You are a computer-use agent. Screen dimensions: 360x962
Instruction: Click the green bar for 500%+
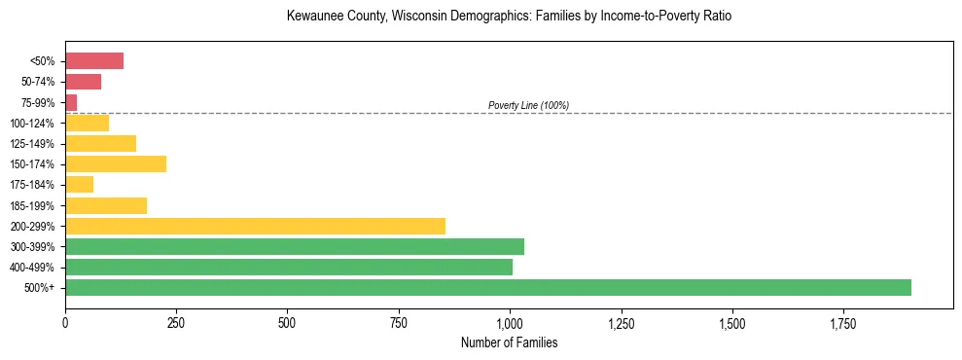pyautogui.click(x=487, y=287)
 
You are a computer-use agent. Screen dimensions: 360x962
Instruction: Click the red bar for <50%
pyautogui.click(x=94, y=61)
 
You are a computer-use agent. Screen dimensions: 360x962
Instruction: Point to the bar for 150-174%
pyautogui.click(x=116, y=163)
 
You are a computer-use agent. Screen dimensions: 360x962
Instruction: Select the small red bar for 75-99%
pyautogui.click(x=71, y=102)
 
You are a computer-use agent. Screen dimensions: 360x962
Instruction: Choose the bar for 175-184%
pyautogui.click(x=79, y=184)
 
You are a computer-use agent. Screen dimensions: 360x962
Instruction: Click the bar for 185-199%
pyautogui.click(x=106, y=205)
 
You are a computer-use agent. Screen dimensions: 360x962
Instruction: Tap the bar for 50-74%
pyautogui.click(x=83, y=82)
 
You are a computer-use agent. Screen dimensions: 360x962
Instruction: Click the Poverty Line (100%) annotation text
pyautogui.click(x=528, y=105)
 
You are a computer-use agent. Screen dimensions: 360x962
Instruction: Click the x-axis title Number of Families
pyautogui.click(x=509, y=342)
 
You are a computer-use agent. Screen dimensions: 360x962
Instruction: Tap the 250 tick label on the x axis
pyautogui.click(x=176, y=323)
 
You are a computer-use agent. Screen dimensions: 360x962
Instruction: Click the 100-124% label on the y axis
pyautogui.click(x=32, y=124)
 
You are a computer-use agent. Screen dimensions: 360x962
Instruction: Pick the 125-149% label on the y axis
pyautogui.click(x=32, y=144)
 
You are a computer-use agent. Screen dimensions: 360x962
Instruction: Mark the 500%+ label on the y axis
pyautogui.click(x=40, y=288)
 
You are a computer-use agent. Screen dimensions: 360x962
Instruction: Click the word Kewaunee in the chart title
pyautogui.click(x=317, y=17)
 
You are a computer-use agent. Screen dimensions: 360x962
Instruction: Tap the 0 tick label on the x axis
pyautogui.click(x=65, y=323)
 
